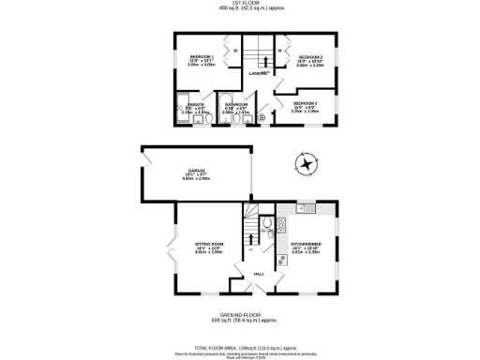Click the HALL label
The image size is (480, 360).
click(259, 274)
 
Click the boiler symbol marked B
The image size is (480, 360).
click(261, 119)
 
